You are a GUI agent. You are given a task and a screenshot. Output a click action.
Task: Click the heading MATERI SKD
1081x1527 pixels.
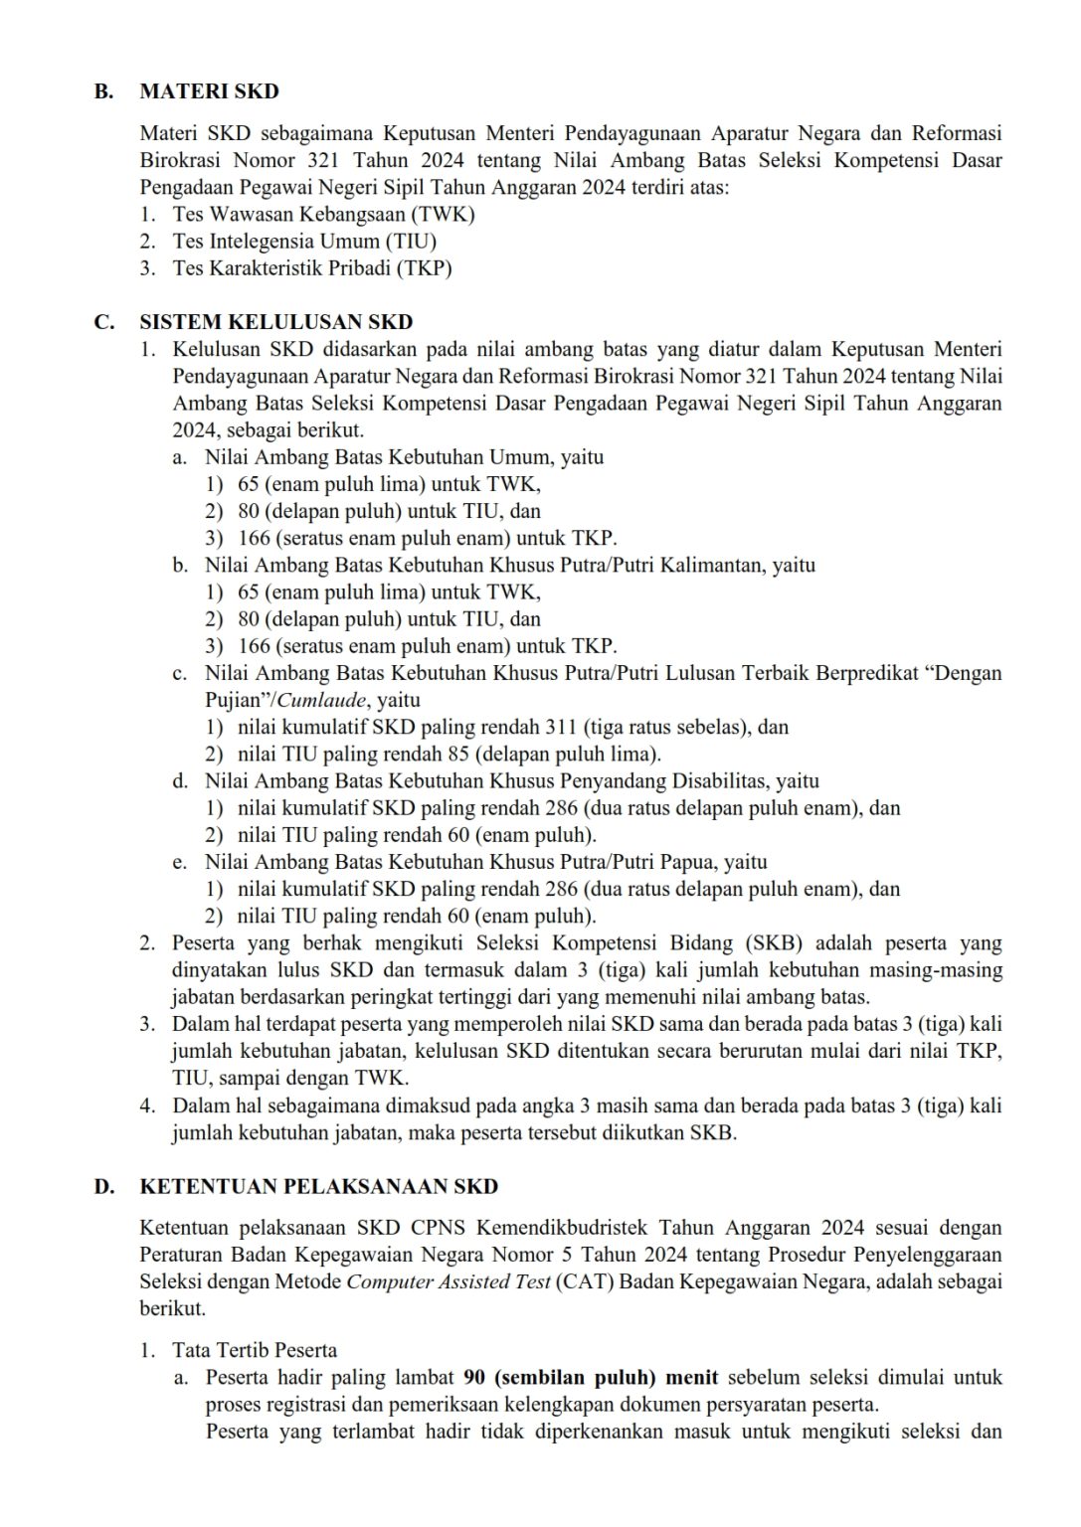(209, 91)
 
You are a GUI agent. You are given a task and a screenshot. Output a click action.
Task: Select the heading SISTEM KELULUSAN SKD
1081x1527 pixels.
(275, 322)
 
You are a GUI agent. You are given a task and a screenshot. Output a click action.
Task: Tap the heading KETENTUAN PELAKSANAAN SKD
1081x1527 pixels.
(318, 1187)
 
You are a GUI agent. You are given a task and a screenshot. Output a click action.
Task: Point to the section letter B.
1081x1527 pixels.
(101, 91)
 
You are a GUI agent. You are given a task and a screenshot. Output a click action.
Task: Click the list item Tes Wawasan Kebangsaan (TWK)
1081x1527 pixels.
(323, 214)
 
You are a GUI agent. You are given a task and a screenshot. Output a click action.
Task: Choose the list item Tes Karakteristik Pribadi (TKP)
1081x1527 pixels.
(312, 267)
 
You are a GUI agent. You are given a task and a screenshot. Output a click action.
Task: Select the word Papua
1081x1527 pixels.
(686, 861)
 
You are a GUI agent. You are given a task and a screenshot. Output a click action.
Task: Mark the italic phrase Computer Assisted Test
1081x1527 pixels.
(448, 1281)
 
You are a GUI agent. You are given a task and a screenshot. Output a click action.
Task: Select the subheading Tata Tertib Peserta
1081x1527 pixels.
(255, 1350)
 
